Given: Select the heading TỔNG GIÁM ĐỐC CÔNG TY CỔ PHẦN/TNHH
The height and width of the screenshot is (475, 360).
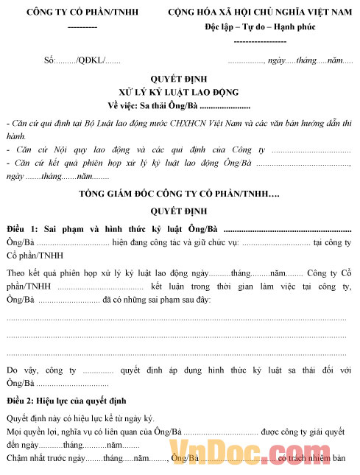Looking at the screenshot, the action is pos(179,194).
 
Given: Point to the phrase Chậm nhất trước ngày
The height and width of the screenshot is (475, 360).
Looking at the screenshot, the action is pos(46,458).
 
